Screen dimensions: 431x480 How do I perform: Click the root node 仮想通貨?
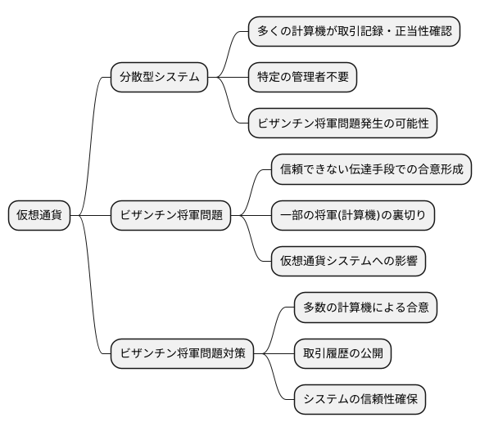point(39,216)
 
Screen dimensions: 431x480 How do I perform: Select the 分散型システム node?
point(159,78)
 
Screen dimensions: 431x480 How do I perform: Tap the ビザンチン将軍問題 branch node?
point(170,216)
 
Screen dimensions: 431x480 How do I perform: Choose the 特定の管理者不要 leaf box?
point(303,78)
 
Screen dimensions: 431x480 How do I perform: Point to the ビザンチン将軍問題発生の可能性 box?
point(343,123)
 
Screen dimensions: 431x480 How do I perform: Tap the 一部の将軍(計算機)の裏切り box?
point(353,216)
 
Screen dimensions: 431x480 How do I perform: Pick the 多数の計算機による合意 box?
point(365,308)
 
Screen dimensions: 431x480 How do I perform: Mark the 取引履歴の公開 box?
point(343,354)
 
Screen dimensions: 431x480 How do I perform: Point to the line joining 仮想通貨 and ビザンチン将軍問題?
point(90,216)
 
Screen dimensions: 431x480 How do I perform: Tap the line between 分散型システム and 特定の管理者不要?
point(229,78)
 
